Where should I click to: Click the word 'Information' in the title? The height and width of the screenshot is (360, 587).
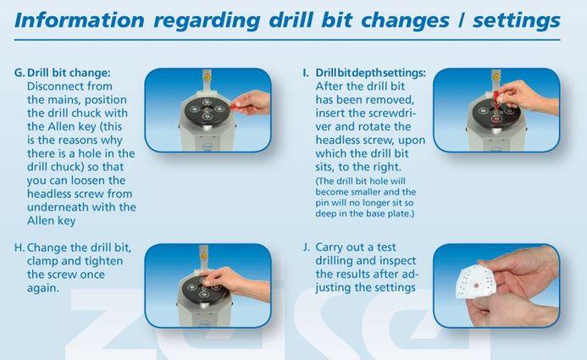[79, 20]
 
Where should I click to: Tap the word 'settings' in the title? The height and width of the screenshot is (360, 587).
[516, 21]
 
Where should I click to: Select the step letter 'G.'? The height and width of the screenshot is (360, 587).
[19, 73]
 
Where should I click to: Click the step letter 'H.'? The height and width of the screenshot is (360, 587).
[19, 247]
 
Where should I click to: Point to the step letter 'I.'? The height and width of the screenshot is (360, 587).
[306, 73]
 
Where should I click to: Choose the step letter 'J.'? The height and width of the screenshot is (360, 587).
[307, 247]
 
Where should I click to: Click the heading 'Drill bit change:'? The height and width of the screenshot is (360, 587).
[69, 73]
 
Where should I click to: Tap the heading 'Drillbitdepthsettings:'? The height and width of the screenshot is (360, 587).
[371, 73]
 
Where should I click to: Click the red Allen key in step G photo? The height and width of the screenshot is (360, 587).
[235, 106]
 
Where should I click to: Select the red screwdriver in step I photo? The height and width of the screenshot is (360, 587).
[496, 99]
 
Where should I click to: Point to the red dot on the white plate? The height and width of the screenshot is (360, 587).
[476, 285]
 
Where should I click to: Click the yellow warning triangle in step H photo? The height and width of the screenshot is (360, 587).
[203, 256]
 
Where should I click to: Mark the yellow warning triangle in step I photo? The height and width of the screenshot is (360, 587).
[496, 76]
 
